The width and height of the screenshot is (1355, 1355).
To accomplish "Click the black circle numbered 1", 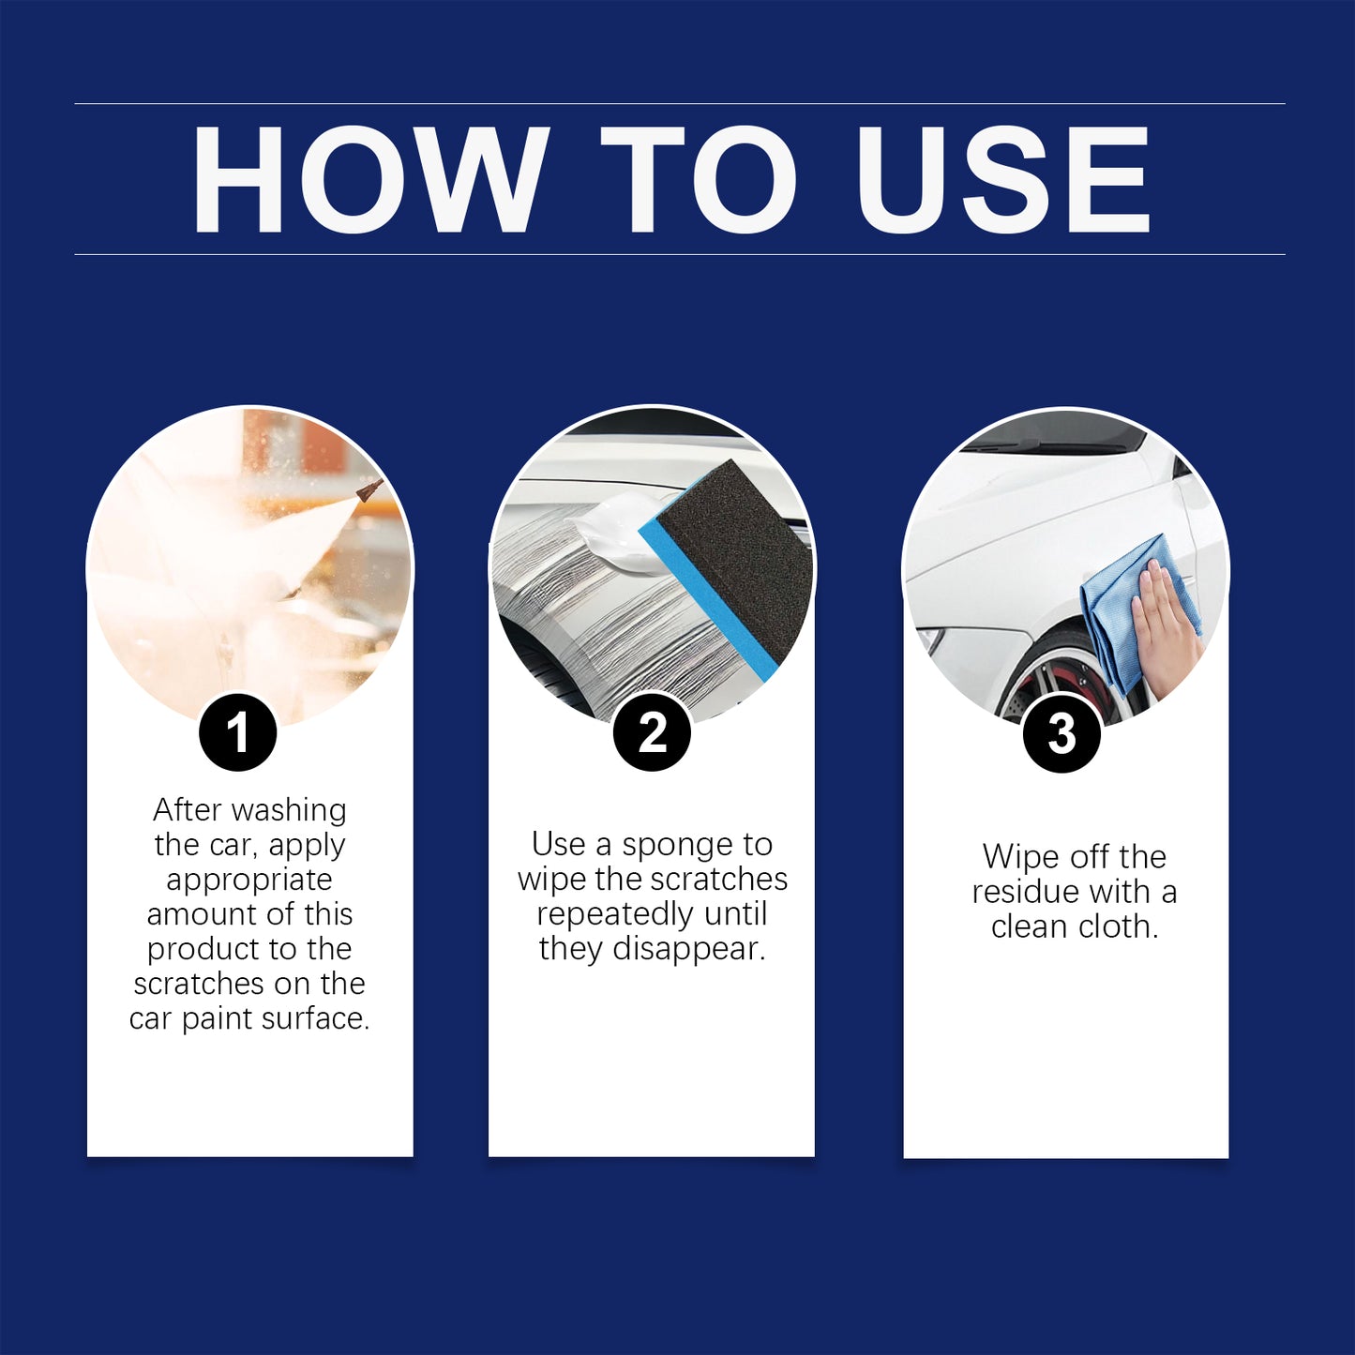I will (238, 732).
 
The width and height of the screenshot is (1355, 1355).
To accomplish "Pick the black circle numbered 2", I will (652, 732).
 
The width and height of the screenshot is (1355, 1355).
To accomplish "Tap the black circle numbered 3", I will (1061, 733).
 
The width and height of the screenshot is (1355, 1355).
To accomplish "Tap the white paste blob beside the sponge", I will (619, 534).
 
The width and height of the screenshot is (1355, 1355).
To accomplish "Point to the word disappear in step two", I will (688, 949).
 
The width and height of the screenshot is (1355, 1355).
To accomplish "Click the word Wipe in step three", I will (1019, 857).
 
